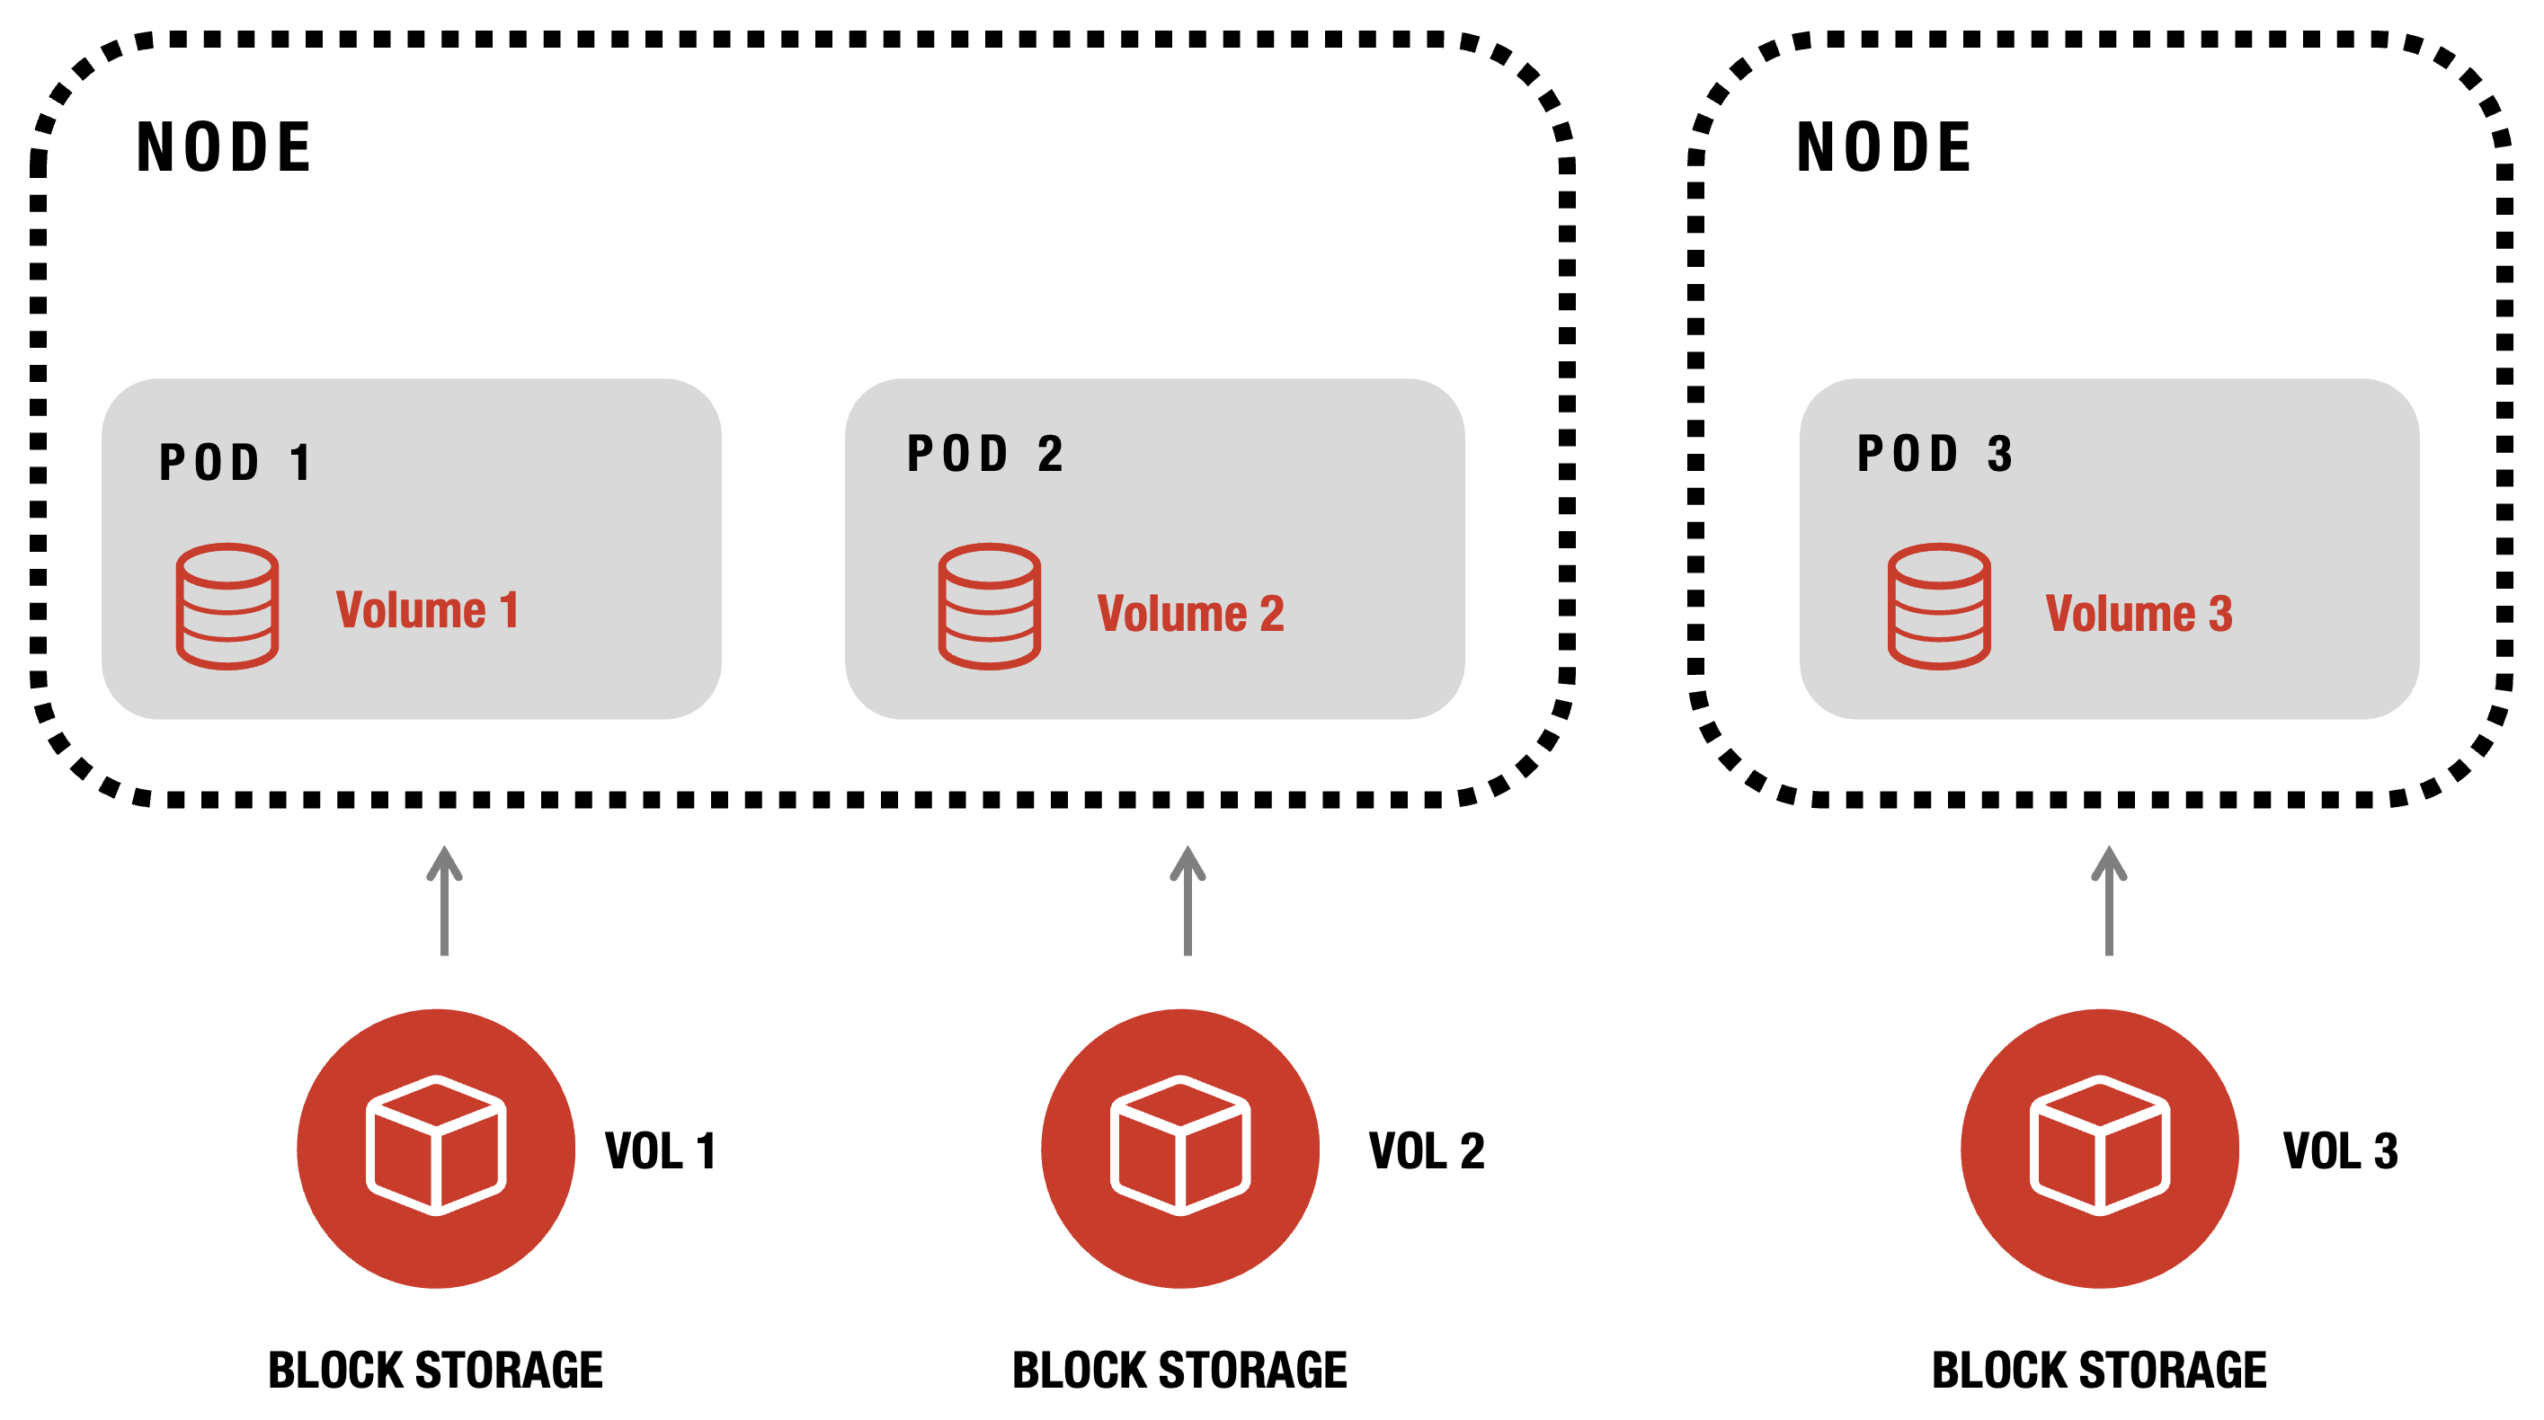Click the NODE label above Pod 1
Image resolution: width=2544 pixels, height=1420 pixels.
coord(223,147)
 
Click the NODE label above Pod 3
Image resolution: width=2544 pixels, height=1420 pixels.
coord(1883,147)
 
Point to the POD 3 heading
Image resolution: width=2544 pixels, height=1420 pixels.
coord(1935,454)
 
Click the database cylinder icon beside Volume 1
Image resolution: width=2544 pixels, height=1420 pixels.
coord(227,607)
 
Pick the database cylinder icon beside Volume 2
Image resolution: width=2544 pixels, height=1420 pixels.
coord(989,607)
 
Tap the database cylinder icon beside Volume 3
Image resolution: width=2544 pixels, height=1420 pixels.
coord(1939,607)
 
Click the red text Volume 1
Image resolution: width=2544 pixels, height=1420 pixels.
coord(427,609)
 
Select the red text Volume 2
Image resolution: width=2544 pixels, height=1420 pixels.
coord(1190,613)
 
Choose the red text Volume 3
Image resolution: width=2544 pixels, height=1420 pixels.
coord(2138,613)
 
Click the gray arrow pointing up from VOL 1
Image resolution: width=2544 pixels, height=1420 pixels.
coord(444,900)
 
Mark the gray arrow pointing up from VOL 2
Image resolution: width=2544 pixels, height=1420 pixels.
coord(1187,900)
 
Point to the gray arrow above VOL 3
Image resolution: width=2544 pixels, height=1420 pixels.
coord(2109,900)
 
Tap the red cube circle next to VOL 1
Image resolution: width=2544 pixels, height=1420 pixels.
coord(435,1148)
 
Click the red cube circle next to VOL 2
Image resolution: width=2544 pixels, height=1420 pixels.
coord(1180,1148)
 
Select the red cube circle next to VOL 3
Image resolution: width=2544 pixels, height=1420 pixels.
coord(2100,1148)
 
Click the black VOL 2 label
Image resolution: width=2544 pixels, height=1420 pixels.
coord(1426,1151)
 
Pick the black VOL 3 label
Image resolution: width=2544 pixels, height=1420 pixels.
coord(2340,1151)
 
